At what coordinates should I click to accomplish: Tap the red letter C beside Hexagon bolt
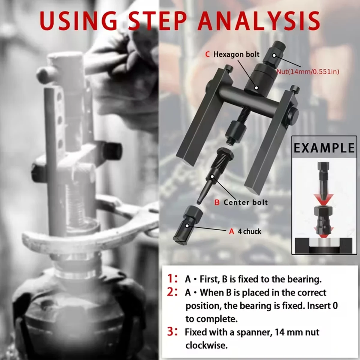[x=207, y=54]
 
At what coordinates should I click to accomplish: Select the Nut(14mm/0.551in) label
[x=308, y=72]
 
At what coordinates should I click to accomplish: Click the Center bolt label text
[x=245, y=202]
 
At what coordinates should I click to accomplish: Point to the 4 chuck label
[x=249, y=231]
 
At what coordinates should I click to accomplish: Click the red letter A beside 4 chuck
[x=231, y=231]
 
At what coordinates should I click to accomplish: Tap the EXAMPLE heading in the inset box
[x=324, y=148]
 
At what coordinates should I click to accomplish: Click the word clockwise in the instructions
[x=205, y=345]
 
